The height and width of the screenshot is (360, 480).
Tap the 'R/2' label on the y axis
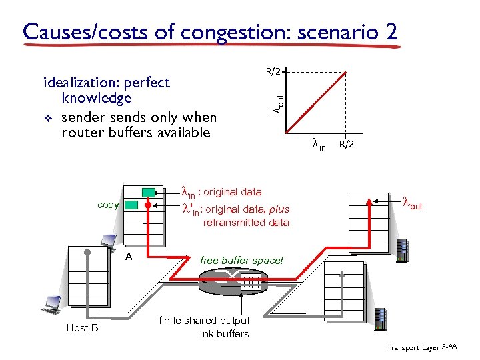tap(274, 69)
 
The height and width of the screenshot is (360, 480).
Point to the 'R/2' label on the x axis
tap(346, 143)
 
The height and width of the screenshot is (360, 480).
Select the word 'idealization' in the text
tap(85, 83)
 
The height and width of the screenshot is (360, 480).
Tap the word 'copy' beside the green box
tap(107, 205)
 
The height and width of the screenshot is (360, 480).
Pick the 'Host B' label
tap(82, 327)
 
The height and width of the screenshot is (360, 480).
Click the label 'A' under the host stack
tap(129, 256)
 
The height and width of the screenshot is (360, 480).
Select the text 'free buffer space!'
tap(241, 261)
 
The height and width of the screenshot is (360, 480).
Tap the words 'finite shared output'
tap(204, 321)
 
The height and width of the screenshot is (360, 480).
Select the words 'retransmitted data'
tap(246, 223)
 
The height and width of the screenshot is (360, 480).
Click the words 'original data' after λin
tap(232, 192)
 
